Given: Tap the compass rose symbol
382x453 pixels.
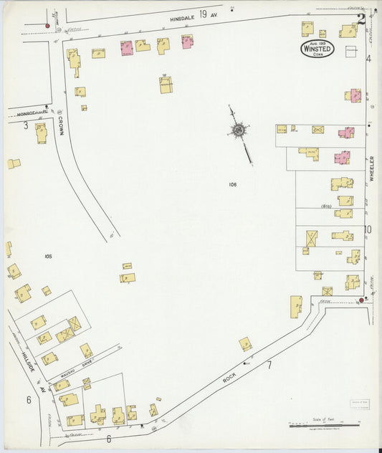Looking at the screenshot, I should point(237,130).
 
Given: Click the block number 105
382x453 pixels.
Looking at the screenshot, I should point(48,256).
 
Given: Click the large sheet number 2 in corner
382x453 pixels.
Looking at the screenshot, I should point(363,19).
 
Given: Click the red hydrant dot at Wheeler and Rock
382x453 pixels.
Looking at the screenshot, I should point(361,300).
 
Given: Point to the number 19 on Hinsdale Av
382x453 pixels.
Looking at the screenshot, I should point(204,13).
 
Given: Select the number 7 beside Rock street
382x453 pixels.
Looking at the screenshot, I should point(269,366).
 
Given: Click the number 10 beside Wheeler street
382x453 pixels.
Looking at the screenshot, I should point(368,230).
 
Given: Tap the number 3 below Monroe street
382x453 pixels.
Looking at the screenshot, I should point(25,126).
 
